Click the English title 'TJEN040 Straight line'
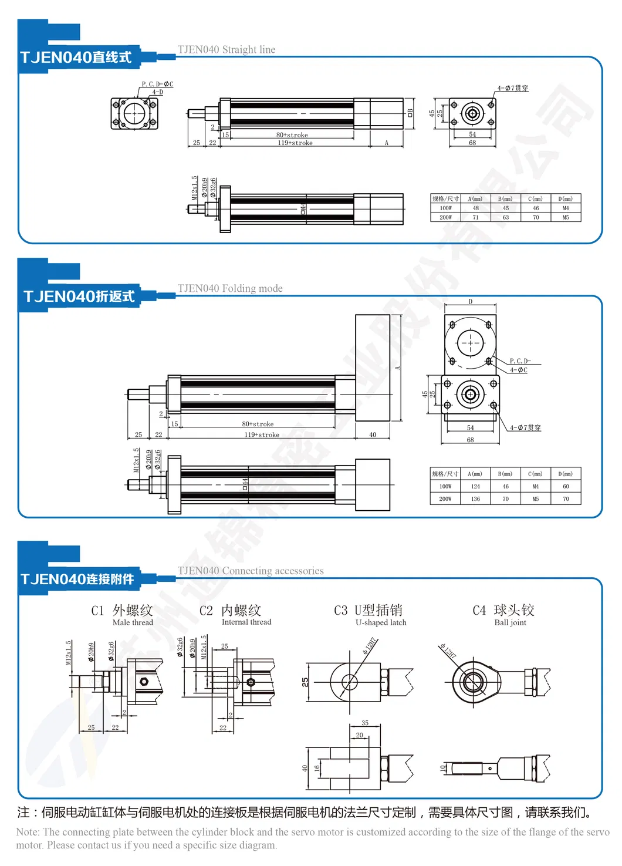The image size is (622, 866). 227,50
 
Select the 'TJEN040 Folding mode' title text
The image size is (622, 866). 230,288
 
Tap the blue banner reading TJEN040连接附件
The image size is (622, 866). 77,579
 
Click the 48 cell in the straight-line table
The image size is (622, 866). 476,208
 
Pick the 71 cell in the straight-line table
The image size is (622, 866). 476,217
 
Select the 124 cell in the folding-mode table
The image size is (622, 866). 475,487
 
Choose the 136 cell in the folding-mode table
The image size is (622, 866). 475,499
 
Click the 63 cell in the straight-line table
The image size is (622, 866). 506,217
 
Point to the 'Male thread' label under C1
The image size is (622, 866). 133,623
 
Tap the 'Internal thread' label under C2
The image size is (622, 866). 246,622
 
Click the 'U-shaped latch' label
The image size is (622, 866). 381,623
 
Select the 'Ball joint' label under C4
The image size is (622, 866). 510,623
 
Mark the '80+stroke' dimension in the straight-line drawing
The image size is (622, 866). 292,135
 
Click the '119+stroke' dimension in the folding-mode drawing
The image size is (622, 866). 262,435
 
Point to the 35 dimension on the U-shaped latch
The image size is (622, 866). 365,723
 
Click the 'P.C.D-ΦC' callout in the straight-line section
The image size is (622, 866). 157,85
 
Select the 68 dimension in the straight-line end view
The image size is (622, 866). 472,143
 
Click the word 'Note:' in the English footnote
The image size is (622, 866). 28,832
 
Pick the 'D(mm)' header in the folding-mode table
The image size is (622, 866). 566,474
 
